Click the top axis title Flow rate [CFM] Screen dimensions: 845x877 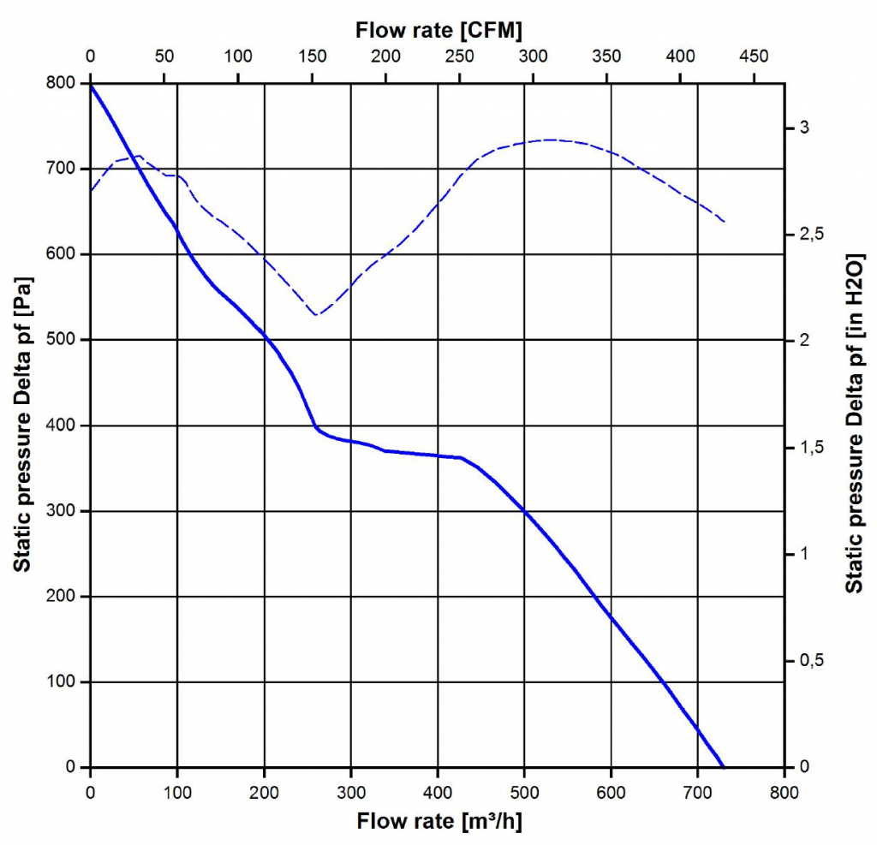pos(438,30)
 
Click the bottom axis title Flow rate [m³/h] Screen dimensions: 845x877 pos(438,823)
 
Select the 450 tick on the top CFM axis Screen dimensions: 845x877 pos(755,57)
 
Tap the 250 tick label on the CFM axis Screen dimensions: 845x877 pos(460,57)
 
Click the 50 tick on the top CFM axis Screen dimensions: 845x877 pos(164,57)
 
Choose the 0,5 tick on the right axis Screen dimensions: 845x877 pos(808,661)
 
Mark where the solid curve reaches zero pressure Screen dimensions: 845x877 pos(724,766)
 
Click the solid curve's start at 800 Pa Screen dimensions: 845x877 pos(91,84)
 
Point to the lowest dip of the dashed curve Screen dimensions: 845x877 pos(317,315)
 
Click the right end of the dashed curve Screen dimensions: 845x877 pos(725,222)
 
